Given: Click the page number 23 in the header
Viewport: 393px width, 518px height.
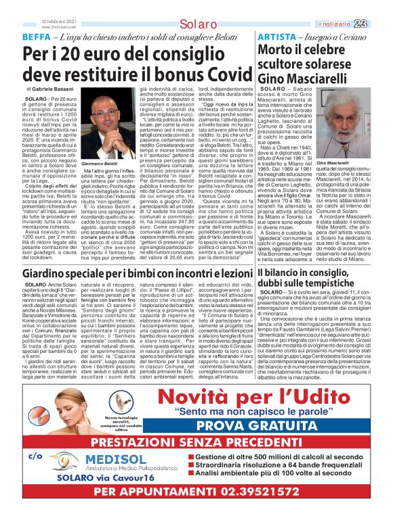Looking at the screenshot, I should [379, 24].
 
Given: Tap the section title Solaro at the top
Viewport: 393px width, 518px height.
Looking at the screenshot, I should [196, 24].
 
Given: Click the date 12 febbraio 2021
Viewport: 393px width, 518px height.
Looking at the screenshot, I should [60, 20].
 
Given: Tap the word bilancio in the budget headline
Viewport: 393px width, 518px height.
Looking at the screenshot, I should [287, 273].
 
